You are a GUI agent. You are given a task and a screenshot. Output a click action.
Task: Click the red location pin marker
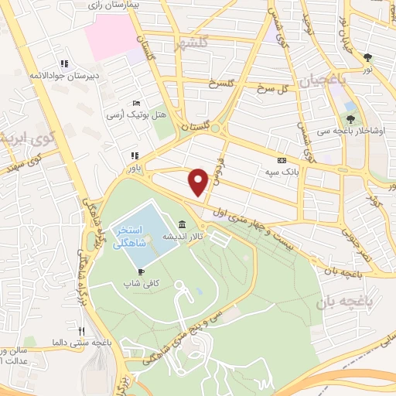[199, 181]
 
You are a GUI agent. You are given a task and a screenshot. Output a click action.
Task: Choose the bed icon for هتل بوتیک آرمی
[136, 103]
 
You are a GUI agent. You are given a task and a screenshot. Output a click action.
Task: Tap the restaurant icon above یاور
[135, 154]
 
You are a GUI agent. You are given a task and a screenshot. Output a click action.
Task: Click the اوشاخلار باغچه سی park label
[357, 131]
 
